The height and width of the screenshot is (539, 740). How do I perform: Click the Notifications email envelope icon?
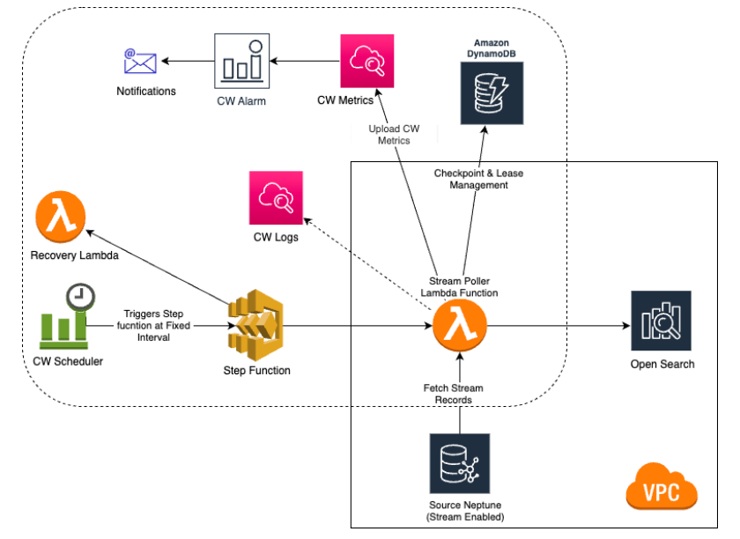tap(139, 62)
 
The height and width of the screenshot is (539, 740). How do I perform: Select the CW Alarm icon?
tap(240, 61)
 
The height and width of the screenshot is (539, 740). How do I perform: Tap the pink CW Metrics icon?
tap(366, 61)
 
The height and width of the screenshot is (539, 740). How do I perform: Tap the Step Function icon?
tap(255, 326)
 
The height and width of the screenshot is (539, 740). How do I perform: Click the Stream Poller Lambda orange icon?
tap(458, 325)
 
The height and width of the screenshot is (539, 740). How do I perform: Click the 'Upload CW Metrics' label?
tap(394, 135)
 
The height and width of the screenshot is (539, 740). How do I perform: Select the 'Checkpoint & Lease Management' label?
tap(478, 179)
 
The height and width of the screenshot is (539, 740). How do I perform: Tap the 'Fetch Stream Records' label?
tap(455, 394)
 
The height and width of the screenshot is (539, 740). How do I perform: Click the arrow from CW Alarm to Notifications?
tap(187, 61)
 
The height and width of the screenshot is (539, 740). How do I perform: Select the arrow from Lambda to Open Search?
tap(555, 325)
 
